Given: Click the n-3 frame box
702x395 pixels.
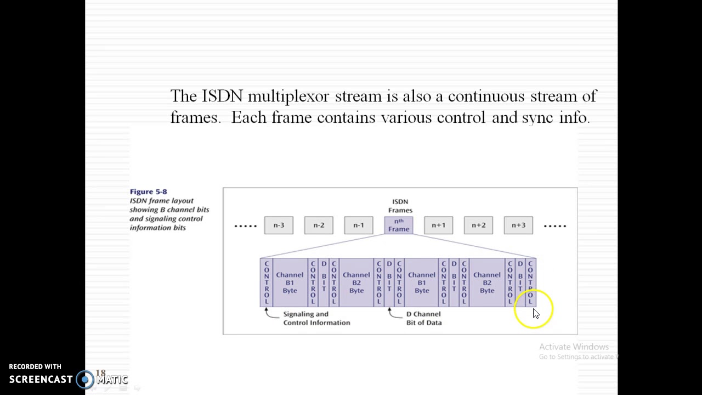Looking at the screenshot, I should pos(279,225).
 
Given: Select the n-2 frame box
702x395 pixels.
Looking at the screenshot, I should pos(319,225).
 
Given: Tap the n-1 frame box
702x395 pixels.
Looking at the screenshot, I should pos(359,225).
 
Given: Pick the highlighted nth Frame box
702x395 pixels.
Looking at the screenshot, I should pos(399,225).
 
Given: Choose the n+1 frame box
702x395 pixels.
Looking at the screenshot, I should pos(438,225).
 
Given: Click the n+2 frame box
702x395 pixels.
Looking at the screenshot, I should pos(478,225).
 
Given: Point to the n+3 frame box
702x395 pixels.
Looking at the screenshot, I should pos(518,225).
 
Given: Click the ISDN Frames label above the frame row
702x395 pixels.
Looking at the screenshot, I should pos(400,206).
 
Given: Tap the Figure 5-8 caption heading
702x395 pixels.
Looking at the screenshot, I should pos(148,191).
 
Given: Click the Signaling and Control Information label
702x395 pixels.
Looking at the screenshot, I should pos(316,318).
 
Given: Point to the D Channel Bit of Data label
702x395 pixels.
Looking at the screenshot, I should pos(424,318).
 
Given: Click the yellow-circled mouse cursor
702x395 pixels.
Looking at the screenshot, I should pos(535,312).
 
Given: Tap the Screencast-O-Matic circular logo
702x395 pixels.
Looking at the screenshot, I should pos(85,379).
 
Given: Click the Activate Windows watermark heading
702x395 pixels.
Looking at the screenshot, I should pos(574,347).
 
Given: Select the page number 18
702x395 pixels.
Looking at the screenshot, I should pos(100,373).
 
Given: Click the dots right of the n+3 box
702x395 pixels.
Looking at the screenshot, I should pos(554,225).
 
